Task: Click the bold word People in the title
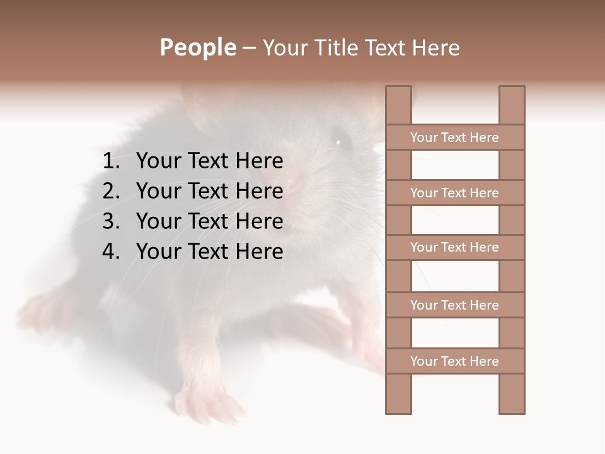tap(197, 48)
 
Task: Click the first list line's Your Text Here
tap(209, 161)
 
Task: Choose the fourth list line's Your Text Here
tap(209, 252)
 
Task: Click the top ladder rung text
tap(454, 137)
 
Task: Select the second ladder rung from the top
tap(454, 193)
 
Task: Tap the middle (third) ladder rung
tap(454, 248)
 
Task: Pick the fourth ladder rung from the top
tap(454, 305)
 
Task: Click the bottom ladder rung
tap(454, 361)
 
